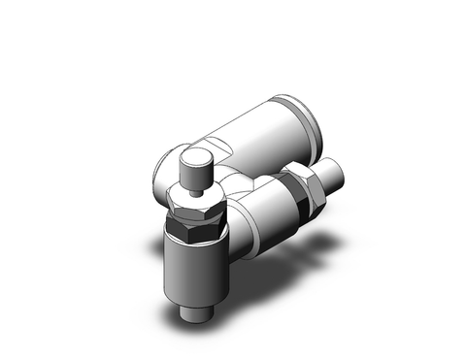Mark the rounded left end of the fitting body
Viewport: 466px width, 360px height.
click(161, 175)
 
